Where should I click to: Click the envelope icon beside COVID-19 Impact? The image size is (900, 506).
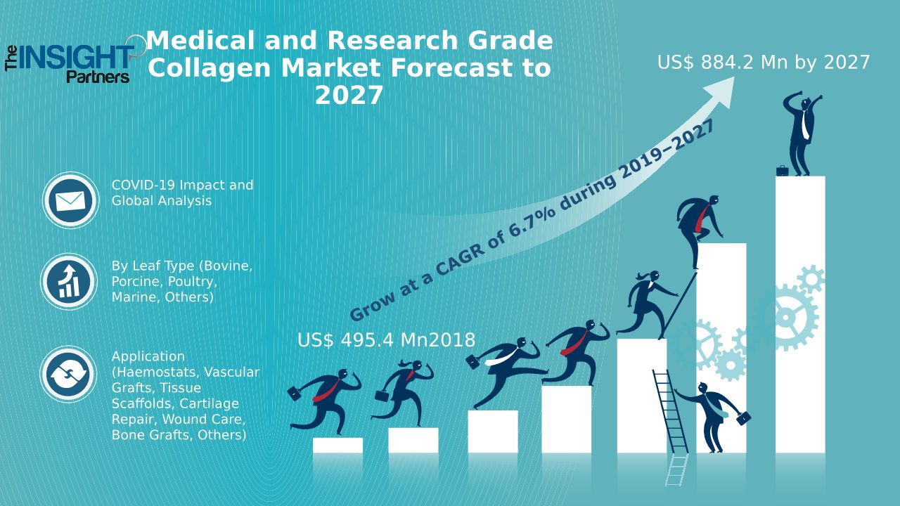coord(70,201)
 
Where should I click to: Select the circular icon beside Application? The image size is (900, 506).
coord(68,374)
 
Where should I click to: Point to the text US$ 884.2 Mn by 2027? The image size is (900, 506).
coord(764,63)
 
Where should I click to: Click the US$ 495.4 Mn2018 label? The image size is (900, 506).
coord(386,340)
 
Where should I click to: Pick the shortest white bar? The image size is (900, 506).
coord(337,446)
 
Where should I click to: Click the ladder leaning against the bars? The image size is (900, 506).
coord(670,422)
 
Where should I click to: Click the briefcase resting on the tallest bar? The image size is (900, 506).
coord(782,170)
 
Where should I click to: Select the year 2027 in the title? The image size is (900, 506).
coord(349,95)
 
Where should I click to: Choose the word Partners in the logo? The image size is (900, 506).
coord(98,77)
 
